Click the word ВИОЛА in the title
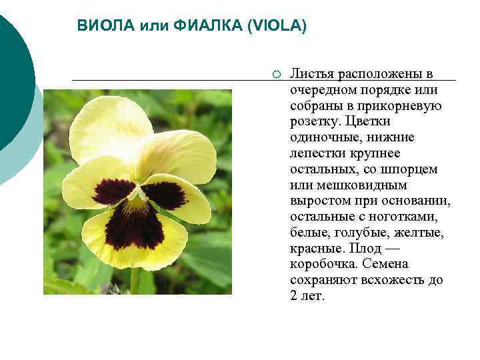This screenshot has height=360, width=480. pyautogui.click(x=107, y=26)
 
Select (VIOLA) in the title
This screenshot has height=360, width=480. pyautogui.click(x=277, y=26)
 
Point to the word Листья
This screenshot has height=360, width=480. pyautogui.click(x=313, y=74)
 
